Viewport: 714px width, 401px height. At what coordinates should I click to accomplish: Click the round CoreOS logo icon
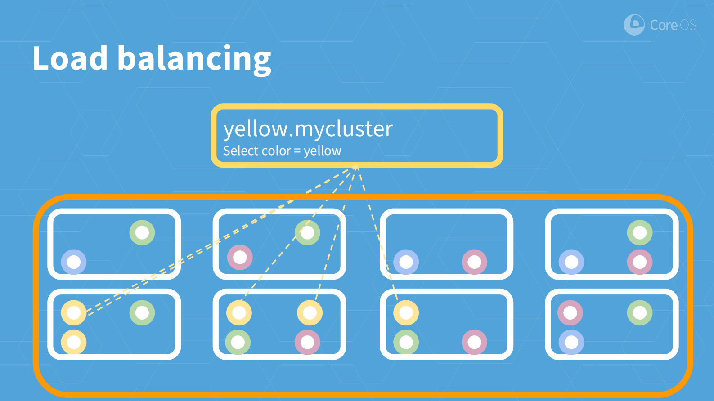pyautogui.click(x=634, y=25)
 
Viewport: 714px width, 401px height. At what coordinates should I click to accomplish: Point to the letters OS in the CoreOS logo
pyautogui.click(x=688, y=25)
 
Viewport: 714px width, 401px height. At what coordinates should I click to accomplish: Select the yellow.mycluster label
pyautogui.click(x=308, y=129)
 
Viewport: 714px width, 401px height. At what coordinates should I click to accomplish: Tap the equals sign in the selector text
pyautogui.click(x=297, y=151)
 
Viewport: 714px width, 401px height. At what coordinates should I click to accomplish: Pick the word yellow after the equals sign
pyautogui.click(x=323, y=151)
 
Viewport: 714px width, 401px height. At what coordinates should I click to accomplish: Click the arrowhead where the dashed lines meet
pyautogui.click(x=356, y=167)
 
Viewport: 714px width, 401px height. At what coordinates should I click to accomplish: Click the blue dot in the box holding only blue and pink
pyautogui.click(x=406, y=262)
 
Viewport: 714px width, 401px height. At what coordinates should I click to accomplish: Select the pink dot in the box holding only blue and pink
pyautogui.click(x=474, y=262)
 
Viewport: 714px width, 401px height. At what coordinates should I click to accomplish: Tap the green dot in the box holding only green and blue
pyautogui.click(x=142, y=233)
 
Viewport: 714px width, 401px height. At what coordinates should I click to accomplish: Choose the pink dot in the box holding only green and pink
pyautogui.click(x=240, y=258)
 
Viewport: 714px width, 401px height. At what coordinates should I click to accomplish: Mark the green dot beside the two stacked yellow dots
pyautogui.click(x=142, y=313)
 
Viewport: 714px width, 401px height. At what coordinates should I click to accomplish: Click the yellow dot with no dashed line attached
pyautogui.click(x=74, y=342)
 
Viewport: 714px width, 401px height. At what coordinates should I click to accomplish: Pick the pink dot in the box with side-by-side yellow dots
pyautogui.click(x=307, y=342)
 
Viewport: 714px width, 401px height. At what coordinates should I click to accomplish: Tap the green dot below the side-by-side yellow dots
pyautogui.click(x=238, y=342)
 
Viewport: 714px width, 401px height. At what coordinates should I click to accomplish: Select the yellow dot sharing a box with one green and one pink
pyautogui.click(x=406, y=313)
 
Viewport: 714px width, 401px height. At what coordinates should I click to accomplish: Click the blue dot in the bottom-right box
pyautogui.click(x=571, y=342)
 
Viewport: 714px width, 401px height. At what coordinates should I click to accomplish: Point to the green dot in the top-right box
pyautogui.click(x=640, y=233)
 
